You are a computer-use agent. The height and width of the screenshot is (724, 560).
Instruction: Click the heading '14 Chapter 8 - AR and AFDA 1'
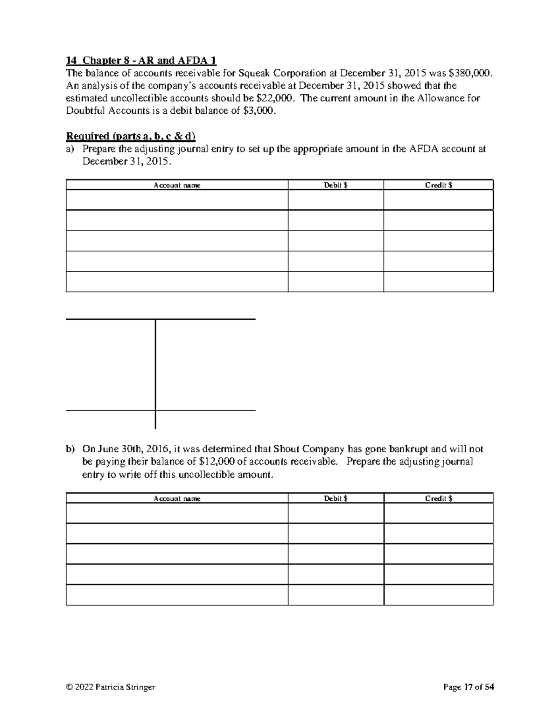click(x=141, y=60)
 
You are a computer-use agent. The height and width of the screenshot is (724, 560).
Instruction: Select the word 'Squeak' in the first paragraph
click(x=254, y=73)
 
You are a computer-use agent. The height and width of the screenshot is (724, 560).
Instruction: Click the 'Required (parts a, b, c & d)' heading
click(x=131, y=136)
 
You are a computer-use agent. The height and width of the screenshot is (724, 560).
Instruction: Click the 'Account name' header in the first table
click(x=177, y=185)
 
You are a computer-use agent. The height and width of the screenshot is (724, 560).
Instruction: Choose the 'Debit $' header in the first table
click(x=336, y=185)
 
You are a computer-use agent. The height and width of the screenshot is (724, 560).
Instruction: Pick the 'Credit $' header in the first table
click(x=438, y=185)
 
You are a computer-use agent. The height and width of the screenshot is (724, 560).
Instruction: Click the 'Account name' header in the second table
click(x=177, y=498)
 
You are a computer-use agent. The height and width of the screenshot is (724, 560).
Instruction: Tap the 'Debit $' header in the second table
click(x=336, y=498)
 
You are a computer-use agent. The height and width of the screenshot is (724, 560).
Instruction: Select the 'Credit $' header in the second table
click(x=438, y=498)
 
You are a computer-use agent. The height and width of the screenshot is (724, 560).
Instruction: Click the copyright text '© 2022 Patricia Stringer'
click(x=111, y=687)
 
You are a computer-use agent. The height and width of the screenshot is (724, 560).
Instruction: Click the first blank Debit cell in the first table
click(x=336, y=200)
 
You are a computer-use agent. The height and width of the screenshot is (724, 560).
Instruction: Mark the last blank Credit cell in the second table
click(x=438, y=595)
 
